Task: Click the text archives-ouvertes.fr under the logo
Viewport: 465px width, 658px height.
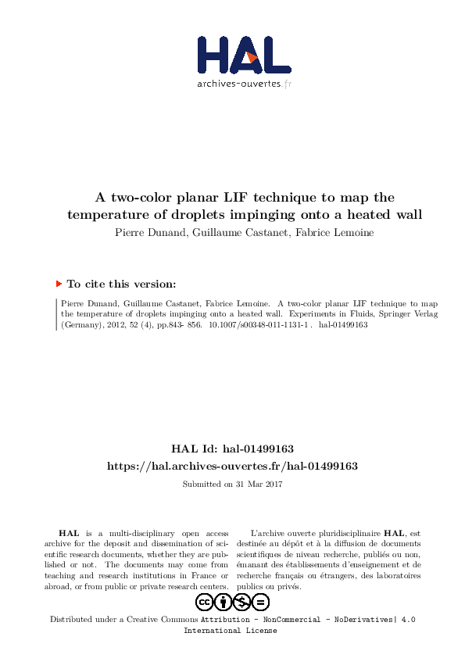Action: pos(244,83)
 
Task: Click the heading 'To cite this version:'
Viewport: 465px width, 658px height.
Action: pos(121,284)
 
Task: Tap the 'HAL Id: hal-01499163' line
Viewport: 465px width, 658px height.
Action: pos(232,449)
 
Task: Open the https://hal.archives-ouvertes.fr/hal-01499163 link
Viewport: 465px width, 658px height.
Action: pos(232,466)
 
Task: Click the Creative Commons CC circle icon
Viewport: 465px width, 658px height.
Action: pos(205,602)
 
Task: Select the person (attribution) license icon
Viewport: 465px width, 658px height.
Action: pos(224,602)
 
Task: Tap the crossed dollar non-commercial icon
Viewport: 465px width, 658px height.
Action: pos(242,602)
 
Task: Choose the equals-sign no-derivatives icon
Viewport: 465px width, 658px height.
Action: pos(261,602)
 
